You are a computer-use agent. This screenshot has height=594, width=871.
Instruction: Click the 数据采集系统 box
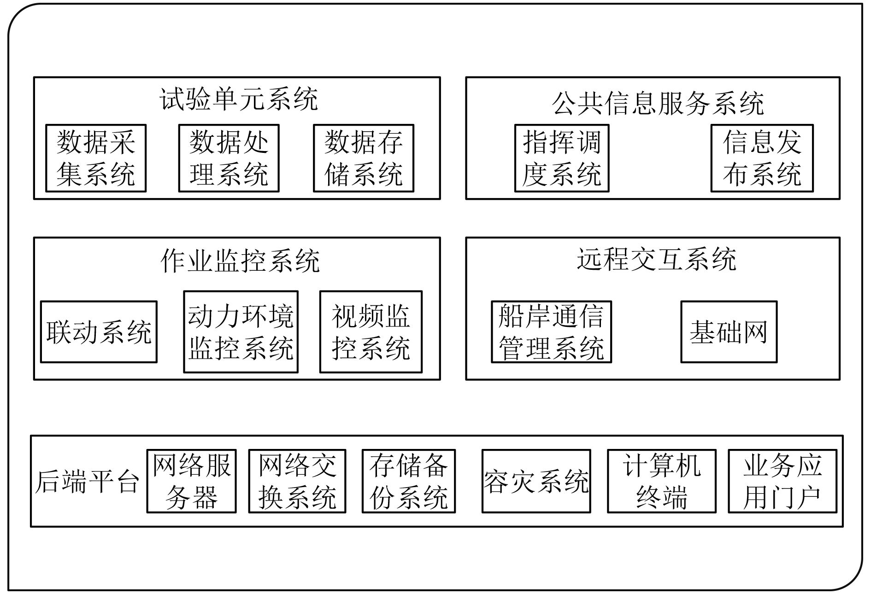pos(96,158)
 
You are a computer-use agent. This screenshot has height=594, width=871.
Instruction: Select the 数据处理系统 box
pos(229,158)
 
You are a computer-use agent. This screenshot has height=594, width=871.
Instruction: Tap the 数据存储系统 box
pos(364,158)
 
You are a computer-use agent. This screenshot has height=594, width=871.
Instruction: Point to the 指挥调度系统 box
pos(562,158)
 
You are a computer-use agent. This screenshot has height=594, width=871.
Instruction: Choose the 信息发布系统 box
pos(762,158)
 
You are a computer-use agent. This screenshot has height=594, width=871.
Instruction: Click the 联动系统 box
pos(99,332)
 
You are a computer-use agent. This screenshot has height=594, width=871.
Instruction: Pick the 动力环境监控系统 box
pos(241,332)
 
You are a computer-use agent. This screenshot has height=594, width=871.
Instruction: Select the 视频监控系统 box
pos(371,332)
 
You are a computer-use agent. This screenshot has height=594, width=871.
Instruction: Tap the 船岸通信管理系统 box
pos(551,332)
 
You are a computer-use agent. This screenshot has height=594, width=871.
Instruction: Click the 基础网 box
pos(729,332)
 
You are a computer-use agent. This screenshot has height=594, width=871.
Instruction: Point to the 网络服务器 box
pos(191,481)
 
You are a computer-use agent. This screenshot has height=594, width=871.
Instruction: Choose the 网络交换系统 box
pos(297,481)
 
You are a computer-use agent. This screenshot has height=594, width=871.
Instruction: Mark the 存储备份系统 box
pos(408,481)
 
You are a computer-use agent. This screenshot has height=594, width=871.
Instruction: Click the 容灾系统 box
pos(536,481)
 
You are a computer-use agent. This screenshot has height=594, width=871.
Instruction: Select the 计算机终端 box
pos(661,481)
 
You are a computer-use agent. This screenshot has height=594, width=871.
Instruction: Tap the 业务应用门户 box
pos(782,481)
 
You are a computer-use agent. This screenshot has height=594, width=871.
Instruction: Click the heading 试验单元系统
pos(239,99)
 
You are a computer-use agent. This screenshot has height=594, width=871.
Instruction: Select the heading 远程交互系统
pos(656,259)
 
